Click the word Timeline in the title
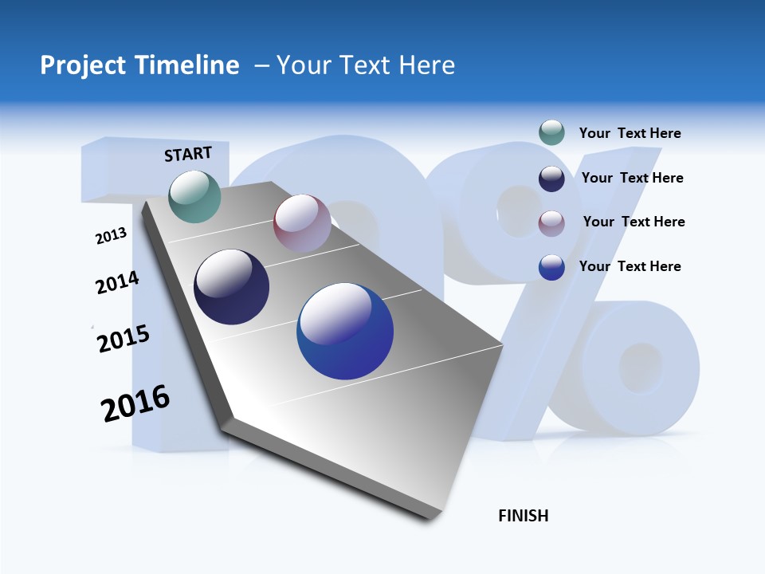[193, 65]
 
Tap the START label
[188, 154]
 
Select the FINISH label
[524, 516]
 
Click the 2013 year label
[111, 236]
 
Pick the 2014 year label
[117, 282]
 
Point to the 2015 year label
[124, 339]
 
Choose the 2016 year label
[135, 403]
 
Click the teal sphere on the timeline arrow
[195, 196]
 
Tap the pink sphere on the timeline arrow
[302, 222]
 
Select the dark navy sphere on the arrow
[232, 287]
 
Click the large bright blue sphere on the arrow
[345, 331]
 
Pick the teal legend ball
[551, 133]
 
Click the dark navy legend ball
[551, 179]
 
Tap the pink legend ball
[551, 223]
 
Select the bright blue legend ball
[551, 267]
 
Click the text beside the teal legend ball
[630, 133]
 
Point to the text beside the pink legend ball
[634, 222]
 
